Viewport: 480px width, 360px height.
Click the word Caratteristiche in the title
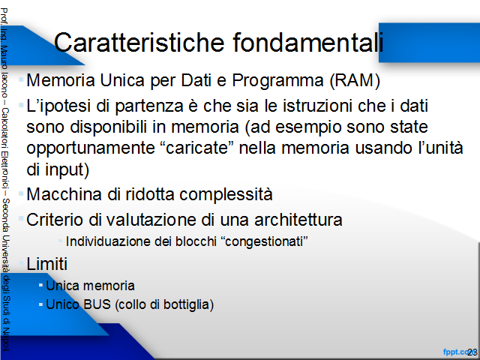coord(139,42)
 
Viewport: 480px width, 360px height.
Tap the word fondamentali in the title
coord(308,42)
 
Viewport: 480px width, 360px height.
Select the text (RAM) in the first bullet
coord(355,81)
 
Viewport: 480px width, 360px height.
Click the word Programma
coord(277,81)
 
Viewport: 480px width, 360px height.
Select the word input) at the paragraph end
coord(67,170)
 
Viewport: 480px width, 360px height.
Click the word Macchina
coord(64,194)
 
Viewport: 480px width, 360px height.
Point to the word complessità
coord(226,195)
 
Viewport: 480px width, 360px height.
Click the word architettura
coord(298,220)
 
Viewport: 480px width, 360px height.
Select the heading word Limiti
coord(46,263)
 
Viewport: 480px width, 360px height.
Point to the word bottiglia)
coord(188,305)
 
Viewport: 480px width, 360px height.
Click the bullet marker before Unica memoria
coord(40,285)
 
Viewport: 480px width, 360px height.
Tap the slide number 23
coord(472,352)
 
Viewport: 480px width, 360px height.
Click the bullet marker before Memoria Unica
coord(21,80)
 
